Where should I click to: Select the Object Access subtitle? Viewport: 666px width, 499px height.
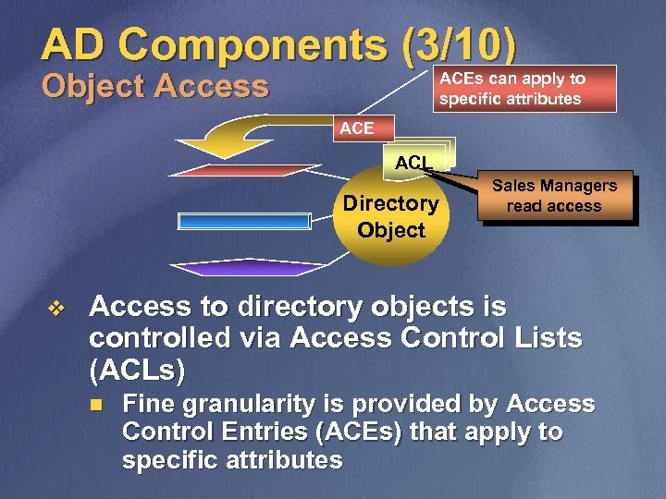[155, 87]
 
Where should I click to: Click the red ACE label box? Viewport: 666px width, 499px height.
[357, 128]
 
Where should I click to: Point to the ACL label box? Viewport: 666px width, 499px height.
[413, 163]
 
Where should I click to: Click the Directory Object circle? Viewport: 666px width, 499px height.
[390, 216]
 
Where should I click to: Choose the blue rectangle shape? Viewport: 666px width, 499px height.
[244, 221]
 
